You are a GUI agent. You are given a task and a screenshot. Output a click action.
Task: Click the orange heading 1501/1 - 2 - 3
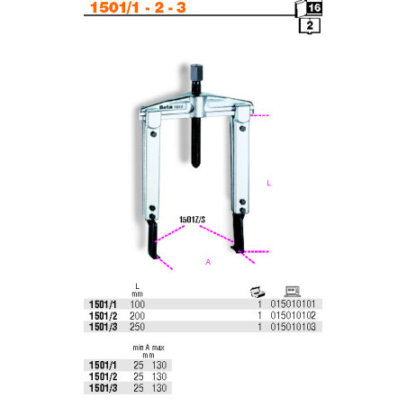coord(138,7)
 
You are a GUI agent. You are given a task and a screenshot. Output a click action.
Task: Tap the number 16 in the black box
coord(314,7)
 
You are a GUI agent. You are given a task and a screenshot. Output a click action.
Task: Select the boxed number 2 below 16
coord(310,25)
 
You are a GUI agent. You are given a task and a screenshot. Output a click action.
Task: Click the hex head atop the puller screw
coord(196,72)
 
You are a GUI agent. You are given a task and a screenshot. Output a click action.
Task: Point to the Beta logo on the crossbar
coord(166,107)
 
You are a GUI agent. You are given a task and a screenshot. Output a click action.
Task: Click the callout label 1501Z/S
coord(193,220)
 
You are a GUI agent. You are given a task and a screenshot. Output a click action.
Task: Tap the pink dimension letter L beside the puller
coord(269,183)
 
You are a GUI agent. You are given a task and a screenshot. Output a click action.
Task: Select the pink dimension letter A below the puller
coord(208,262)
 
